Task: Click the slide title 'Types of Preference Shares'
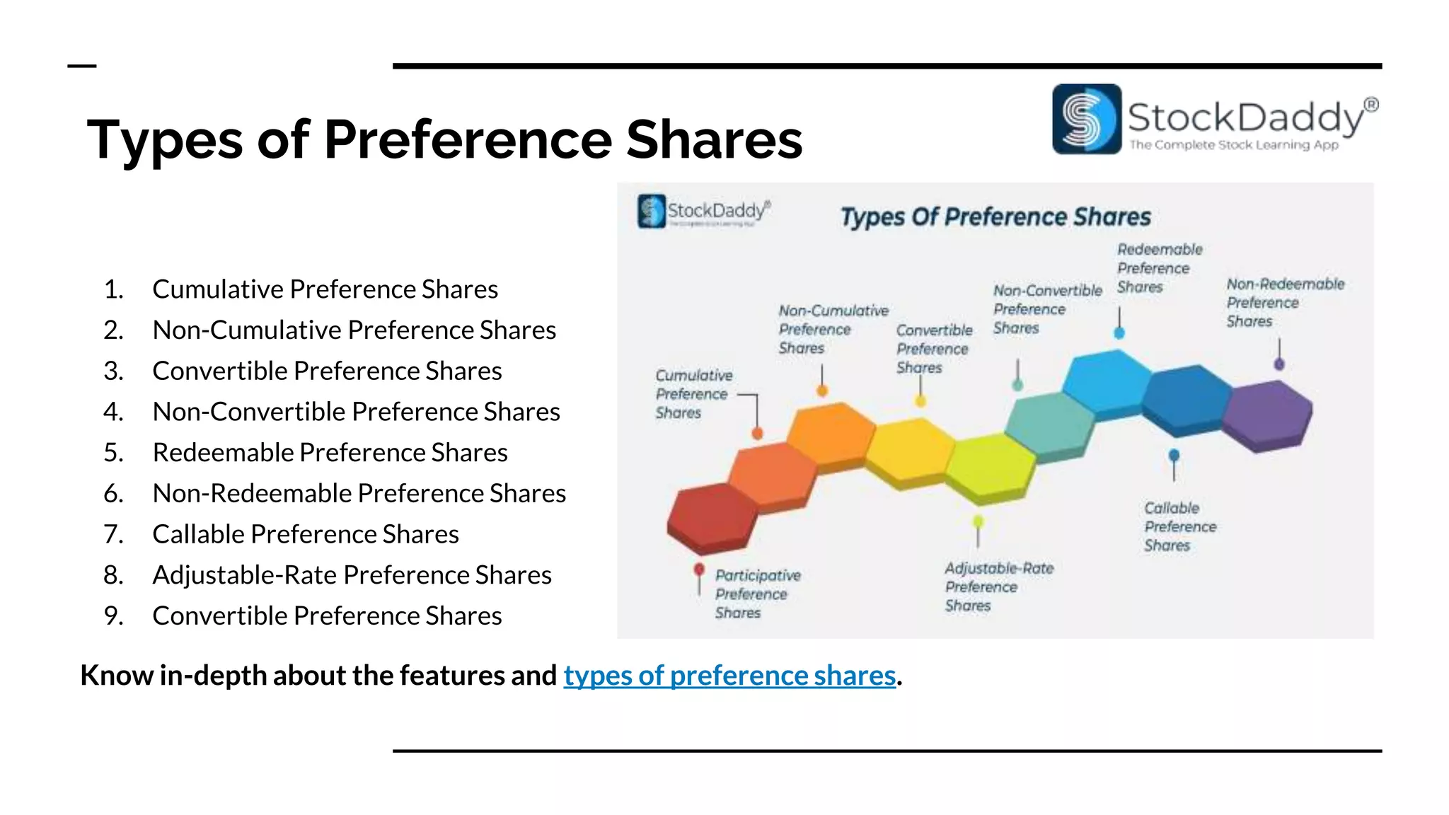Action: pos(444,139)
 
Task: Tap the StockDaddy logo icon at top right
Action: pos(1086,119)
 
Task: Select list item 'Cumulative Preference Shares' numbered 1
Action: pos(325,289)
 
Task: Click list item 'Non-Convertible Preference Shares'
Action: pos(356,412)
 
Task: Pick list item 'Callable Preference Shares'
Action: pos(305,534)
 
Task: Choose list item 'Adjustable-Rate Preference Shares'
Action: pos(352,575)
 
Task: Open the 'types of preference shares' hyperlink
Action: pos(729,676)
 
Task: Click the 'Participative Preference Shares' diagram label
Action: pos(756,594)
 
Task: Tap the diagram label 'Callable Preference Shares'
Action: pos(1179,527)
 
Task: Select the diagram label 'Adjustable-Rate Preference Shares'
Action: pos(998,586)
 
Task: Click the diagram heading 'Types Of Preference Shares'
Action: pos(995,216)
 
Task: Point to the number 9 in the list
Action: pos(112,616)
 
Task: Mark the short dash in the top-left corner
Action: pos(81,66)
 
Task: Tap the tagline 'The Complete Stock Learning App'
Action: pos(1234,145)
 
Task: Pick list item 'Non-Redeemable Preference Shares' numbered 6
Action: pos(359,494)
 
